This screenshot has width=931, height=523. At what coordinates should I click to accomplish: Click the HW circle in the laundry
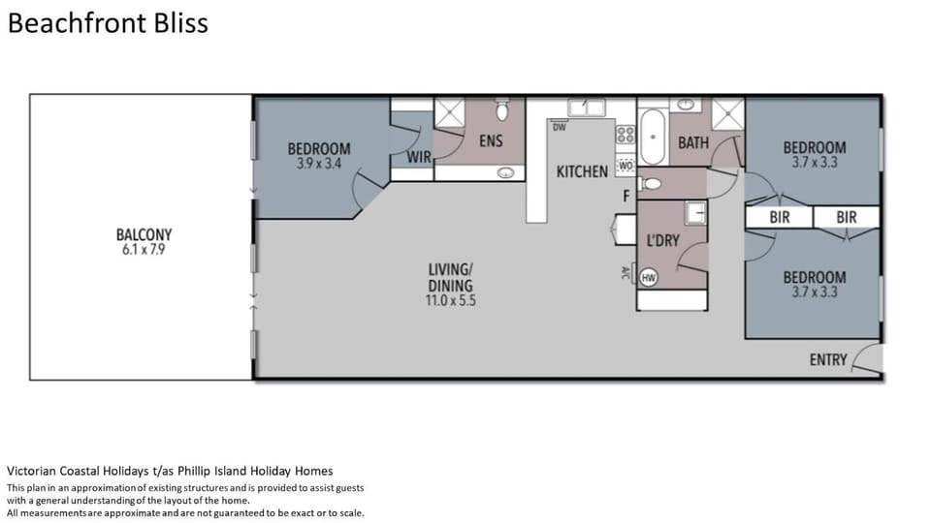point(649,278)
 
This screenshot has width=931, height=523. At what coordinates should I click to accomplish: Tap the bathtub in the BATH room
point(653,137)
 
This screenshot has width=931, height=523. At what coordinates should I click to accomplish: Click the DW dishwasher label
point(560,127)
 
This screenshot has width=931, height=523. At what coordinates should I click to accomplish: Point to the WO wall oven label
point(626,166)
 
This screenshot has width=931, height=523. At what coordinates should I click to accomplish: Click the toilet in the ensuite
point(502,108)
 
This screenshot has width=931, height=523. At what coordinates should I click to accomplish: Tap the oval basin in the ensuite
point(506,173)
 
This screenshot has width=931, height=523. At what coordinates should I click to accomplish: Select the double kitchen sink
point(587,108)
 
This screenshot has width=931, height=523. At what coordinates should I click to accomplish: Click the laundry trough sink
point(695,212)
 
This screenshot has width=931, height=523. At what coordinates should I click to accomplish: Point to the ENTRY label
point(828,360)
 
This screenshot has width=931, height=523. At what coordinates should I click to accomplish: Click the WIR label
point(419,157)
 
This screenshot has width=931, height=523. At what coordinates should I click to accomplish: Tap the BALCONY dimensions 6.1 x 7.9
point(144,250)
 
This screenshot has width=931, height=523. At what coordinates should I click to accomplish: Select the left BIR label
point(780,218)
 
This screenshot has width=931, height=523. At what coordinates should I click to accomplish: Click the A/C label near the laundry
point(625,273)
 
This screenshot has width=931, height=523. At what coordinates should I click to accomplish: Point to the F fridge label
point(626,197)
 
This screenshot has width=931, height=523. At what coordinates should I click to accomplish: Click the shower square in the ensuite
point(449,112)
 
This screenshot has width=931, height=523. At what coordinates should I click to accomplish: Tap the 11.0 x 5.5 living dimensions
point(451,300)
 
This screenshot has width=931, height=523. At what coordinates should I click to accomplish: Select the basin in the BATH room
point(686,105)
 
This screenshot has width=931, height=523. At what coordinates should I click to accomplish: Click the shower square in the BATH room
point(728,114)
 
